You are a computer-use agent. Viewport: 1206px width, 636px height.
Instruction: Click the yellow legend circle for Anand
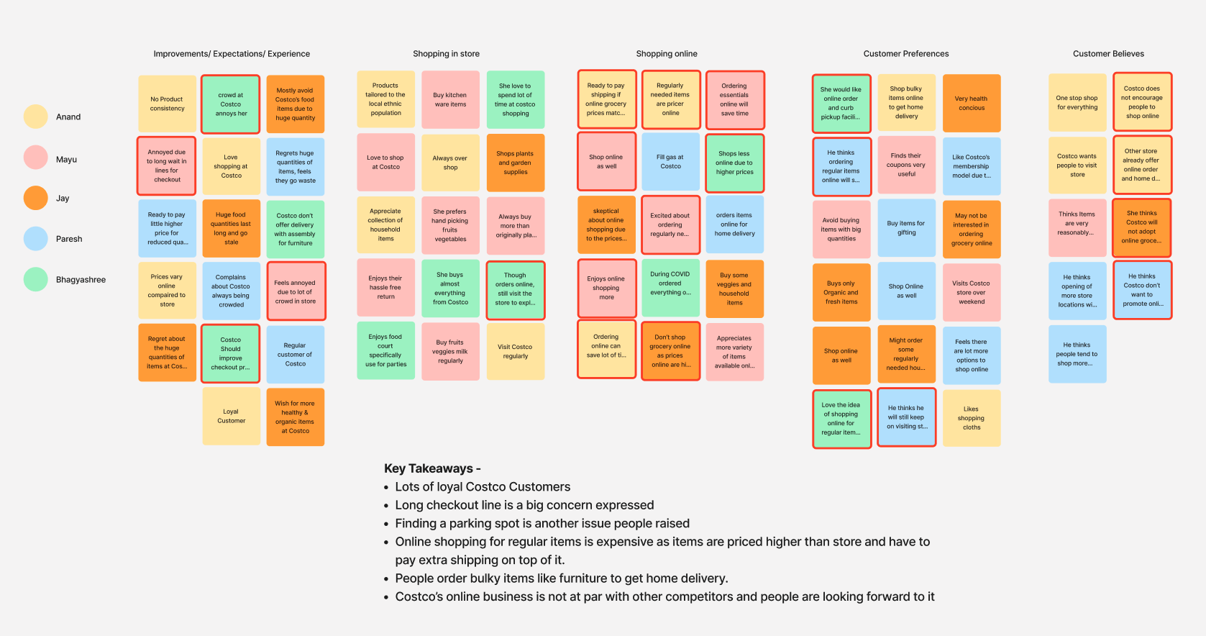(x=35, y=117)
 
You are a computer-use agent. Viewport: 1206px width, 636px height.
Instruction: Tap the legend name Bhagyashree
(x=81, y=280)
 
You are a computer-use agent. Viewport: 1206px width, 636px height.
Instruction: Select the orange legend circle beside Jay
(x=35, y=198)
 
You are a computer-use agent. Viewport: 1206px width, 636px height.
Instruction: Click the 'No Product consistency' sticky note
(x=167, y=104)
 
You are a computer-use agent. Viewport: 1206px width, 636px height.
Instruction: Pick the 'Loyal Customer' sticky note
(x=231, y=417)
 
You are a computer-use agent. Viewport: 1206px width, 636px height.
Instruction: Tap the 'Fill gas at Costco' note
(x=670, y=161)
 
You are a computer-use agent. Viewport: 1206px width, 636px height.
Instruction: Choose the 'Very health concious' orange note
(x=971, y=104)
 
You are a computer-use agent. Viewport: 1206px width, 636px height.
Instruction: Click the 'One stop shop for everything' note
(x=1077, y=103)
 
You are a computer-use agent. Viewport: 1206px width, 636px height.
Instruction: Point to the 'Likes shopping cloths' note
(x=971, y=418)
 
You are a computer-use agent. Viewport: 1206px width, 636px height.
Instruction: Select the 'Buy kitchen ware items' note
(x=450, y=99)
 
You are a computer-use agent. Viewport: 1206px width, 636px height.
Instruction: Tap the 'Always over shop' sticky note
(x=450, y=163)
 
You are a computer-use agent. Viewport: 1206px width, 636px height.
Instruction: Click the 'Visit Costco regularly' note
(x=515, y=351)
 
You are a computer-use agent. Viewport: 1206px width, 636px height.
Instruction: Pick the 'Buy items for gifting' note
(x=906, y=228)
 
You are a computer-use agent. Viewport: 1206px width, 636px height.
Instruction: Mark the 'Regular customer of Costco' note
(x=295, y=355)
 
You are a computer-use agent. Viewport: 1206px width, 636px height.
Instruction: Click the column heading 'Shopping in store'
(x=446, y=54)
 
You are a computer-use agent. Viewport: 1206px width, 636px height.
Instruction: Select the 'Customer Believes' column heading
(x=1108, y=54)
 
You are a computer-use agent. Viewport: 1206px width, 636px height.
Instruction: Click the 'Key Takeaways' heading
(x=432, y=468)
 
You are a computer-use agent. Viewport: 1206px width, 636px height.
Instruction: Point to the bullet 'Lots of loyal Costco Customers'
(x=483, y=487)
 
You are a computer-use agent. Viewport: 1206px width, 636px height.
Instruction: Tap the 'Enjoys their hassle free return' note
(x=385, y=287)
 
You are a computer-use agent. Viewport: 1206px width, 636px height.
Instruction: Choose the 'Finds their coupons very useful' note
(x=906, y=165)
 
